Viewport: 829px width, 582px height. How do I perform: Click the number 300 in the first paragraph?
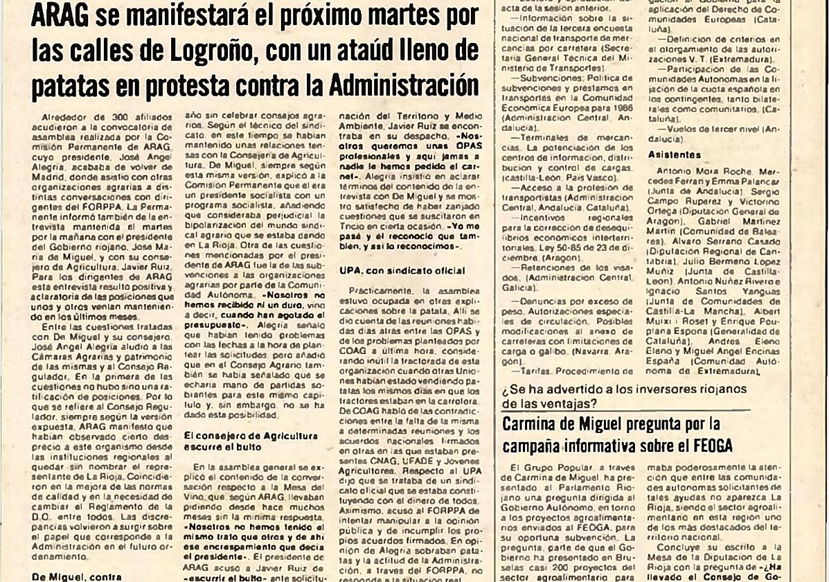(109, 118)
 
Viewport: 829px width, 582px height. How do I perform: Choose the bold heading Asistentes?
(674, 155)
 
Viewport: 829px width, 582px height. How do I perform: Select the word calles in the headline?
(93, 51)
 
